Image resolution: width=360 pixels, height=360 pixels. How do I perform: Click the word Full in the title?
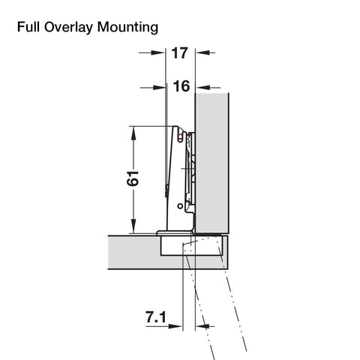(28, 27)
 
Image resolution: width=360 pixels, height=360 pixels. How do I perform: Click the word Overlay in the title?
(68, 28)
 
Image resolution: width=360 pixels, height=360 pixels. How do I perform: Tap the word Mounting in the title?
(127, 28)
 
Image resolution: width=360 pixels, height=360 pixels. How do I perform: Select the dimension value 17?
(179, 53)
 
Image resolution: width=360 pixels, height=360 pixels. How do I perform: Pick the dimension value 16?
(181, 86)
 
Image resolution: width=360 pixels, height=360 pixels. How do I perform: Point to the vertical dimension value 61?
(133, 178)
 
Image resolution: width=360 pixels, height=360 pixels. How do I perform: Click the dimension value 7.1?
(156, 317)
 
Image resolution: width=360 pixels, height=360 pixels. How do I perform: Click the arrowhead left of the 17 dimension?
(158, 52)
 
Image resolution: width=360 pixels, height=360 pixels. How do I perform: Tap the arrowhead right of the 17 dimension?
(202, 52)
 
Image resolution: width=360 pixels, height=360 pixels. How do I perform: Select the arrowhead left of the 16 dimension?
(159, 88)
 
